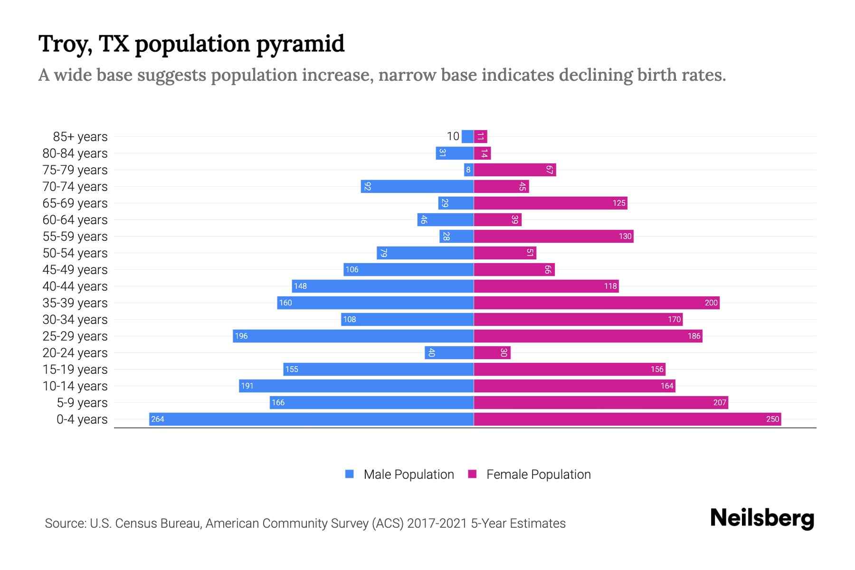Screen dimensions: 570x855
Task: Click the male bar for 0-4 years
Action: click(311, 419)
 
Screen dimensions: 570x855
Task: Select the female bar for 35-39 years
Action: click(597, 303)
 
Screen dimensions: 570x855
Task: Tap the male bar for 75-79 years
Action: click(469, 170)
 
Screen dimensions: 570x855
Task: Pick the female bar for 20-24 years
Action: click(492, 352)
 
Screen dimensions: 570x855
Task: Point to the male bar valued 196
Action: click(353, 336)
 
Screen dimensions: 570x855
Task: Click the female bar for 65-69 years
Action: click(551, 203)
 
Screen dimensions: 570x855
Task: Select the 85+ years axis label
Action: click(80, 137)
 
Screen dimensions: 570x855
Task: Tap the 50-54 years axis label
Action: click(75, 253)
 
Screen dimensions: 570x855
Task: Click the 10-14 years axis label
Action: click(75, 386)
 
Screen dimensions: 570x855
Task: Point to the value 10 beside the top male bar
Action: click(453, 136)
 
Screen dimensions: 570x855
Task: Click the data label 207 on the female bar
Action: click(720, 402)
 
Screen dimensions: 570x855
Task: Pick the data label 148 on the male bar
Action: click(300, 286)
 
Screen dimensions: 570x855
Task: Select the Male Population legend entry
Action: click(408, 475)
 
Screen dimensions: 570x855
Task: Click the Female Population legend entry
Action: click(538, 475)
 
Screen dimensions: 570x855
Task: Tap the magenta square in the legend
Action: click(472, 474)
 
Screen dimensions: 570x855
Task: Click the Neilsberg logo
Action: click(762, 518)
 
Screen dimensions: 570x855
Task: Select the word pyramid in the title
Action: click(300, 44)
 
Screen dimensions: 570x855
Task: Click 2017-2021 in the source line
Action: click(437, 523)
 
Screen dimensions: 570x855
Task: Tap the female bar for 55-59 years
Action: click(553, 236)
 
